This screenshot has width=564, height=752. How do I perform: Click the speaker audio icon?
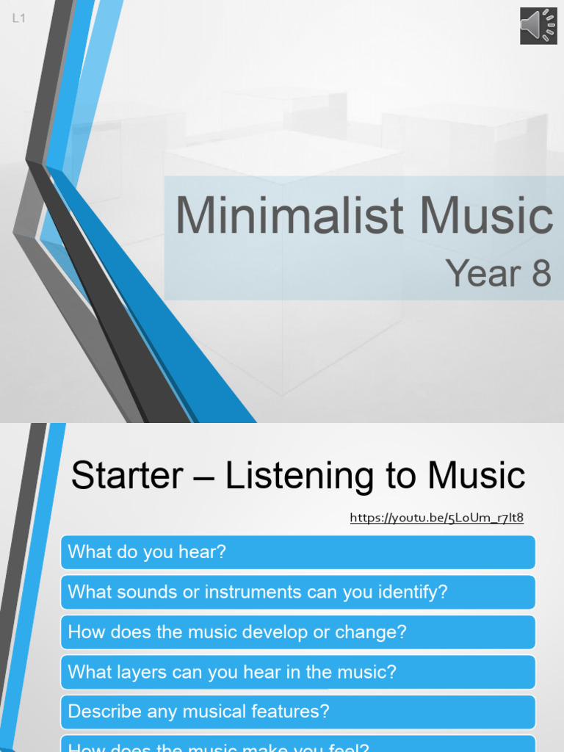(x=538, y=26)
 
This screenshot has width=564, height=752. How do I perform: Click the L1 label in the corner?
(x=19, y=19)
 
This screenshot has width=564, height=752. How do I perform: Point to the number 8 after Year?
(x=541, y=274)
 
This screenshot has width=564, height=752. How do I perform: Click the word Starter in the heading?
(x=126, y=476)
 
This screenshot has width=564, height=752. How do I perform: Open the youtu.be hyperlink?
(x=436, y=518)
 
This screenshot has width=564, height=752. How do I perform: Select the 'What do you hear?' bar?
(x=297, y=552)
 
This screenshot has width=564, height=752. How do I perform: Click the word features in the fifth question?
(x=291, y=712)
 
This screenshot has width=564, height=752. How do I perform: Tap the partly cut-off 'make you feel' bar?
(x=297, y=746)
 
